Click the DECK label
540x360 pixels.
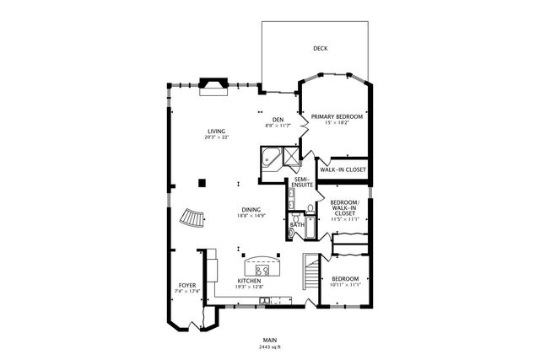click(x=320, y=49)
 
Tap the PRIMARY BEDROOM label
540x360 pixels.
click(x=337, y=116)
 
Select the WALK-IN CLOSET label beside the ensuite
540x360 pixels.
click(x=343, y=169)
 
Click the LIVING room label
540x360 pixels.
click(x=217, y=130)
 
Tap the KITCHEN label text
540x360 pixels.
click(x=249, y=280)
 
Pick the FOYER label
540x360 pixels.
click(x=186, y=286)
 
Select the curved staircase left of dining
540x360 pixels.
click(x=191, y=219)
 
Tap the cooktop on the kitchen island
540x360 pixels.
click(x=263, y=270)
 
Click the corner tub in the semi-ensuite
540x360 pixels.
click(x=272, y=157)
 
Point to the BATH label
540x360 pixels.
click(x=297, y=225)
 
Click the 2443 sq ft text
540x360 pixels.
click(x=271, y=347)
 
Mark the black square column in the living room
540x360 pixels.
click(x=202, y=180)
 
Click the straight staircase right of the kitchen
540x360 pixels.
click(x=311, y=273)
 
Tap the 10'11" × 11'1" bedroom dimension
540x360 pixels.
click(x=345, y=285)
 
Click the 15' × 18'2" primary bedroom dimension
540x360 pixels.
click(x=337, y=123)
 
